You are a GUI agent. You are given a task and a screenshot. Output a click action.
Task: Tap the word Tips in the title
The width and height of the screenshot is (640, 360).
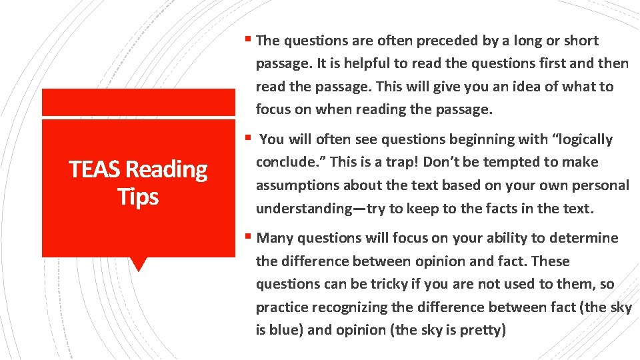click(138, 197)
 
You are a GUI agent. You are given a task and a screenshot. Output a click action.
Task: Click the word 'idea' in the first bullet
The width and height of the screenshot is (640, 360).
click(535, 87)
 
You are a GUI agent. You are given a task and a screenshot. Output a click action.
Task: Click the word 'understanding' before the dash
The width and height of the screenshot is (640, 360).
click(304, 209)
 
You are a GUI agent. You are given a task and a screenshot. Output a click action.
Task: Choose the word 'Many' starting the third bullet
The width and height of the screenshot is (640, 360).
click(275, 238)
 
